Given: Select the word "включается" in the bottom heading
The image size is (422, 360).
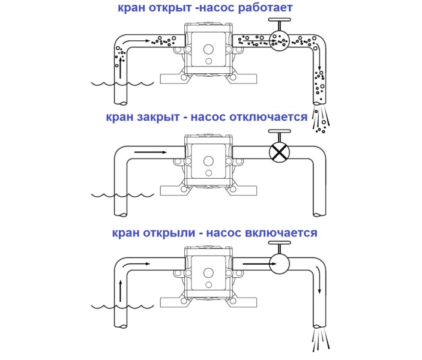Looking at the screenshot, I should tap(280, 232).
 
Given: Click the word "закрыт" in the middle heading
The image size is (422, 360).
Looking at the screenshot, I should tap(161, 116).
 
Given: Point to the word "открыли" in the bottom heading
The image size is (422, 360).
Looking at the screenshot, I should tap(171, 232).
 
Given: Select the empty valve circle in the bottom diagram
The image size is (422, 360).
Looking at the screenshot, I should tap(279, 262).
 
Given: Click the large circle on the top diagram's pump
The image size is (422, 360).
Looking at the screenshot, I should tap(208, 50).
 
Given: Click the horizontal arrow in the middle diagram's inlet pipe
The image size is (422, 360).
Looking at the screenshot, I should tap(151, 152).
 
